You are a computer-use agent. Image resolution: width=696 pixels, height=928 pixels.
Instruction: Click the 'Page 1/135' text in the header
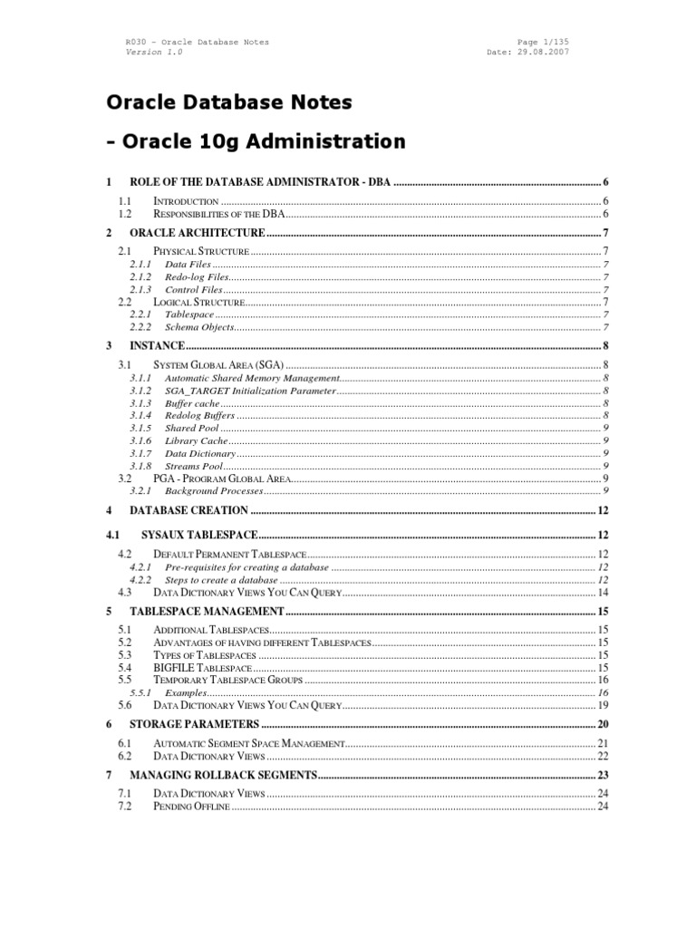tap(541, 42)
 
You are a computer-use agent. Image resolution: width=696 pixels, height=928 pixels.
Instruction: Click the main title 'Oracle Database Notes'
tap(228, 102)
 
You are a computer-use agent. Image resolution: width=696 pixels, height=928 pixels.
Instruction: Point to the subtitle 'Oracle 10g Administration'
tap(263, 141)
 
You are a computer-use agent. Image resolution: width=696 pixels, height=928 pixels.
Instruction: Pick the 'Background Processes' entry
tap(213, 490)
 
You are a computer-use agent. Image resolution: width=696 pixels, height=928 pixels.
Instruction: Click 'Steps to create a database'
tap(220, 579)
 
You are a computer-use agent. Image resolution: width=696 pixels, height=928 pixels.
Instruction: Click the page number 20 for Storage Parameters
tap(602, 724)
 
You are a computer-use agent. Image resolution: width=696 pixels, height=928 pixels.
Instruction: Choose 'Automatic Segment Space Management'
tap(249, 743)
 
